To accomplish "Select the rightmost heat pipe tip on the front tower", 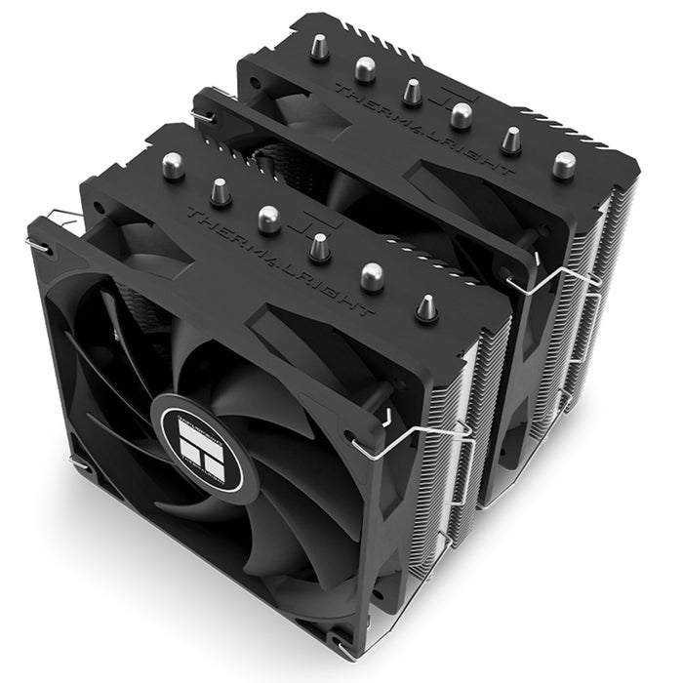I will click(x=426, y=308).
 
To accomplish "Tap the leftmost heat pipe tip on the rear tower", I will click(x=318, y=48).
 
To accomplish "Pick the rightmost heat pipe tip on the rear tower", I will click(x=563, y=164).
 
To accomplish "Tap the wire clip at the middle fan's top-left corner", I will click(x=204, y=118).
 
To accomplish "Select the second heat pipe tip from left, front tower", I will click(x=221, y=191).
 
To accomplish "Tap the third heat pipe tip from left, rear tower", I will click(x=412, y=92).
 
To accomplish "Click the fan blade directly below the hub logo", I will click(x=210, y=527).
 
